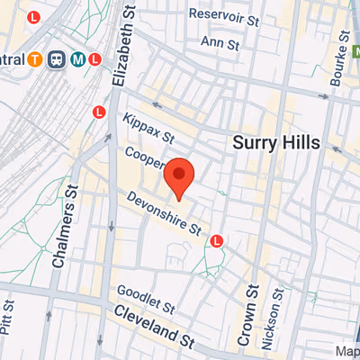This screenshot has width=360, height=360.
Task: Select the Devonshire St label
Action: click(164, 214)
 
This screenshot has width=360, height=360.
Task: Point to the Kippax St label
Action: click(148, 131)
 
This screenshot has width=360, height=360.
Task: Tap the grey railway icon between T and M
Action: click(58, 61)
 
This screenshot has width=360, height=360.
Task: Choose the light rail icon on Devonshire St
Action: click(217, 241)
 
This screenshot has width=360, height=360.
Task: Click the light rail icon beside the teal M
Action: click(95, 61)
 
